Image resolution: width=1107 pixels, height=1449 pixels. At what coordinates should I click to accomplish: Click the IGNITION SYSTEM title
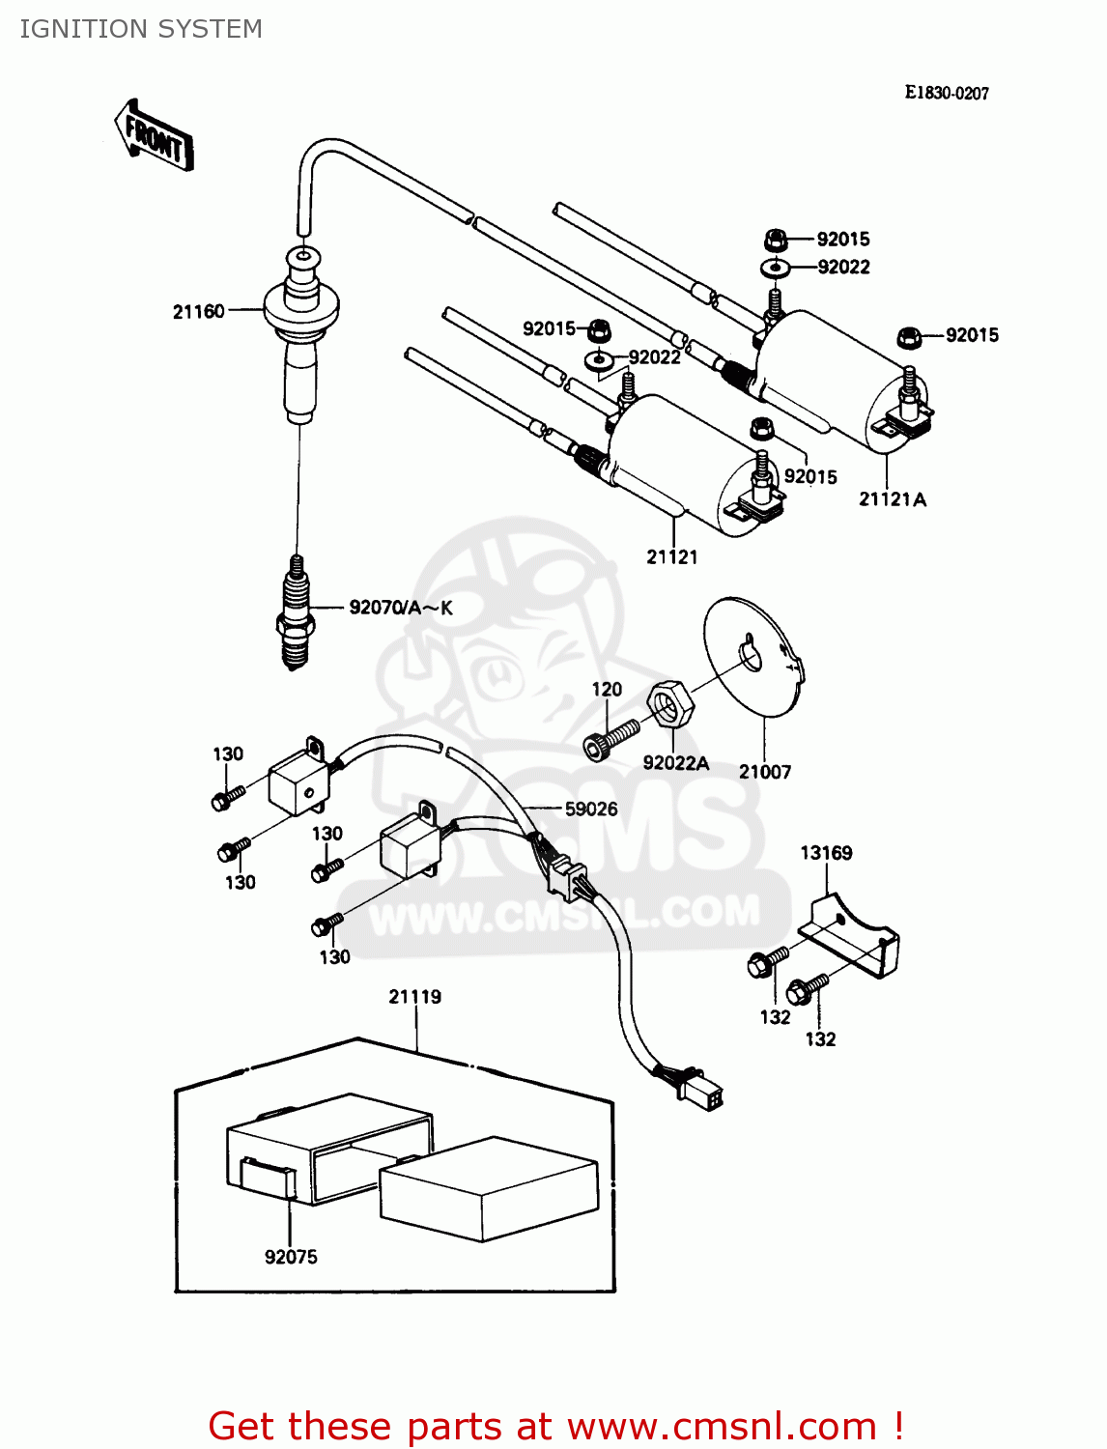(141, 29)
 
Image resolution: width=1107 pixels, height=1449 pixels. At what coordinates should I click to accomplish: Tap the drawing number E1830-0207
(947, 93)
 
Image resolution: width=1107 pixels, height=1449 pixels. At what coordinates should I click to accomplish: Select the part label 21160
(198, 311)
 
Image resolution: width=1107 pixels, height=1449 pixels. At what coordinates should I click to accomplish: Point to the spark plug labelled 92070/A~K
(296, 613)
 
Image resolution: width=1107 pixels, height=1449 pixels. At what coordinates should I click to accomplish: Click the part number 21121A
(893, 499)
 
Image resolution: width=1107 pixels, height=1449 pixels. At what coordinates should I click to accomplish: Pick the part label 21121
(672, 556)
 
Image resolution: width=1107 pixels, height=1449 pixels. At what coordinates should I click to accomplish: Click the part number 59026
(591, 809)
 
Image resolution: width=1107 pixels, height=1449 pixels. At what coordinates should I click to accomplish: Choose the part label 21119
(415, 996)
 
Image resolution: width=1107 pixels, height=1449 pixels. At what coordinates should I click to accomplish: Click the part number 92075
(291, 1257)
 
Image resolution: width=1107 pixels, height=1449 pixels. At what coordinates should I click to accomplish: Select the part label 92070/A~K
(401, 608)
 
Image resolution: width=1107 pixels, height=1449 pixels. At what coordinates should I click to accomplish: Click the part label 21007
(765, 772)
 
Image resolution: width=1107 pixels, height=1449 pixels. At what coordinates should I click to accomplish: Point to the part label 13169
(826, 853)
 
